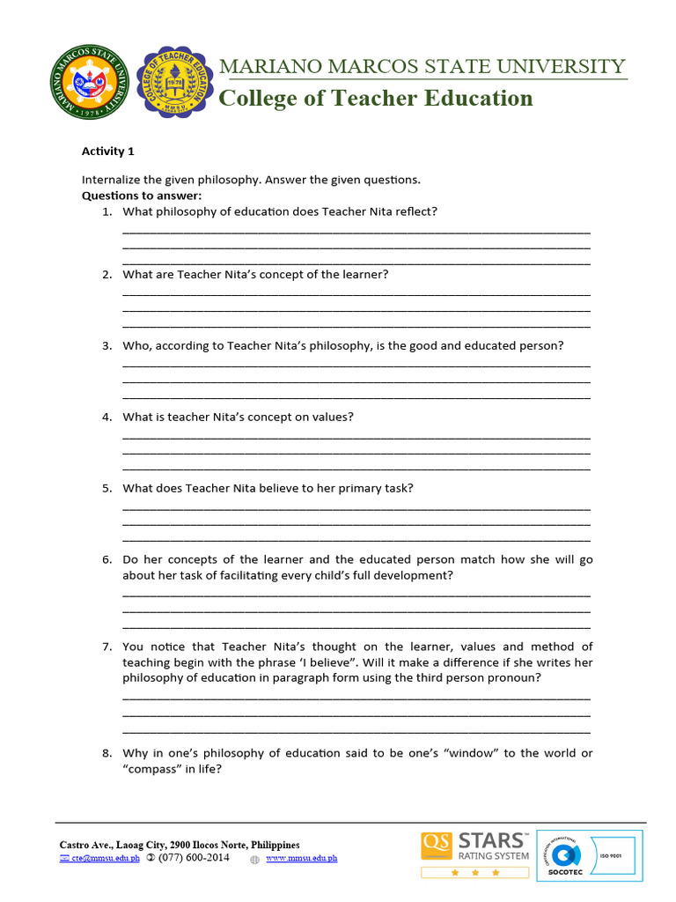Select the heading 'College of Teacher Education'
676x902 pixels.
point(375,98)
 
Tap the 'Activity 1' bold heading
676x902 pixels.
point(108,151)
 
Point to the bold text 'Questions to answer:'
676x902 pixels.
point(142,196)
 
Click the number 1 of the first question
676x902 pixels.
point(106,211)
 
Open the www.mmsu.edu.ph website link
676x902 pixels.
point(301,858)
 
